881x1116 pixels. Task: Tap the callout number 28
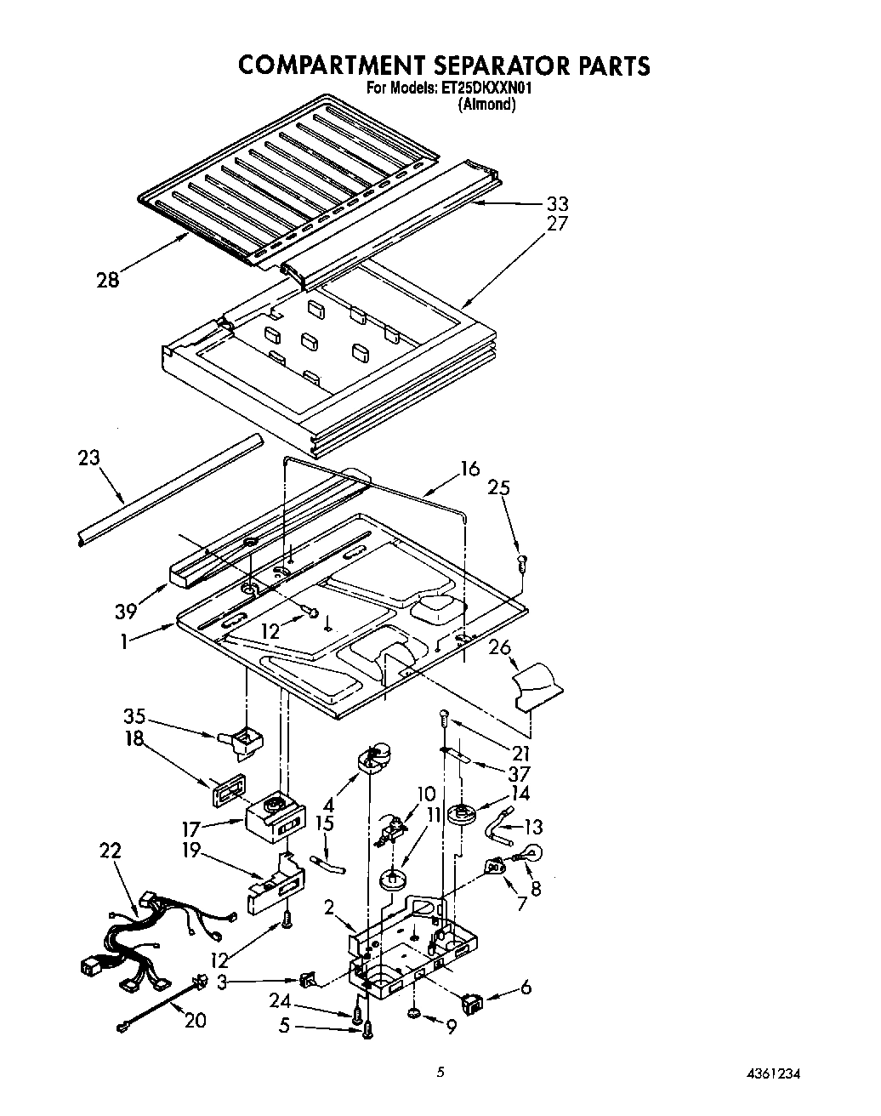(x=108, y=280)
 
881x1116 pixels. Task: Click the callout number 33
(x=557, y=204)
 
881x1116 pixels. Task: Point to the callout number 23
(x=88, y=458)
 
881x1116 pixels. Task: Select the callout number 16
(x=469, y=469)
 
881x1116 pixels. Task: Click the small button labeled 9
(x=413, y=1013)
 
